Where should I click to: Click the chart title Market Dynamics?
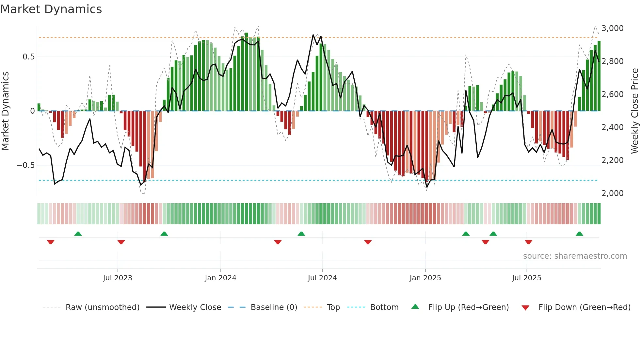(x=51, y=9)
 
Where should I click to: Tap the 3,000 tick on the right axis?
(x=612, y=28)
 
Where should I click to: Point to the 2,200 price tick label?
(x=612, y=160)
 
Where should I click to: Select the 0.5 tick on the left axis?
(x=28, y=57)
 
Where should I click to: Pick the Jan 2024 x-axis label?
(x=220, y=278)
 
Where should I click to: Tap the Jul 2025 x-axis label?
(x=526, y=278)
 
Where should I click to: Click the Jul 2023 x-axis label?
(x=118, y=278)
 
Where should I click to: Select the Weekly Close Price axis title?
(x=634, y=111)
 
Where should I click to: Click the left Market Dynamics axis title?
(x=5, y=111)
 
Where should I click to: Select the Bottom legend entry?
(x=384, y=307)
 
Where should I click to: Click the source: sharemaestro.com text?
(x=575, y=256)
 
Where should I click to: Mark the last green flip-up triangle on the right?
(x=579, y=234)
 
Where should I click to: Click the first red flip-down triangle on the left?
(x=51, y=242)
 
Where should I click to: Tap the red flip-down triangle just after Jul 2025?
(x=528, y=242)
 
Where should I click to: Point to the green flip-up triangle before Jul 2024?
(x=301, y=234)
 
